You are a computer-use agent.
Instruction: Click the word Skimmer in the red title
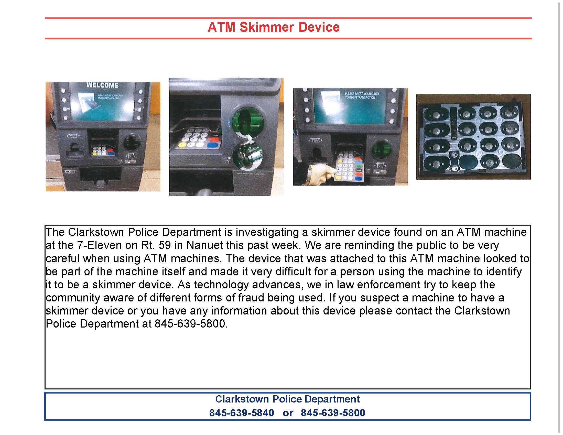[x=267, y=27]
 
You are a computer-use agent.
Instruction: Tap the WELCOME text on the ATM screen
[x=102, y=85]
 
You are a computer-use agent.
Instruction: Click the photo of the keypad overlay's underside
[x=473, y=137]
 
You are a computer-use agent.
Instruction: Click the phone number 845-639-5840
[x=242, y=413]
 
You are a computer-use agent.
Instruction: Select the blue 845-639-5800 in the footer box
[x=333, y=413]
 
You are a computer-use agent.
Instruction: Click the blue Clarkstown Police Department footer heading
[x=287, y=399]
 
